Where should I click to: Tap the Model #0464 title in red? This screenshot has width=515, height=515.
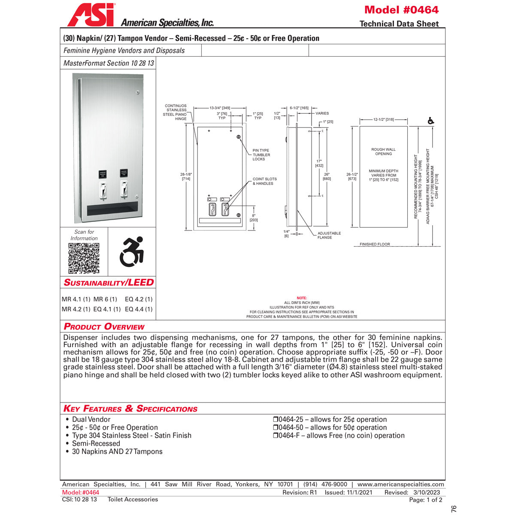coord(401,10)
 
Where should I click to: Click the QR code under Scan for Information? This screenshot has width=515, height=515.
coord(84,258)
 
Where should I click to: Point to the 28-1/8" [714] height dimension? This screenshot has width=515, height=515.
coord(186,176)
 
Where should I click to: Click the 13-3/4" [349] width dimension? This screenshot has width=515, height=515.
coord(220,108)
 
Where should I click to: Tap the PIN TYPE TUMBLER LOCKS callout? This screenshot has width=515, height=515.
coord(261,155)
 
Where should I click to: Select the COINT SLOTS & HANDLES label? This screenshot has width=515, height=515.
coord(264,181)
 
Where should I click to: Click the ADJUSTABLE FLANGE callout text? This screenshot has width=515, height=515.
coord(329,235)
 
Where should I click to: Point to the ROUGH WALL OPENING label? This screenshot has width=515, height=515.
coord(383,151)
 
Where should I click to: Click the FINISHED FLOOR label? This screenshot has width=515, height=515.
coord(375,244)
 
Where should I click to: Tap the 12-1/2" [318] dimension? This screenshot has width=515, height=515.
coord(383,120)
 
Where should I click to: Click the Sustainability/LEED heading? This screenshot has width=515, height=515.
coord(109,282)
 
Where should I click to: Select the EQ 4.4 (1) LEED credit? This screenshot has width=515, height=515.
coord(139,309)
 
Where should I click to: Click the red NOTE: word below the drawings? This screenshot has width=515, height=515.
coord(302,298)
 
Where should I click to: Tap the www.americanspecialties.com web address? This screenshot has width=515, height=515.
coord(401,484)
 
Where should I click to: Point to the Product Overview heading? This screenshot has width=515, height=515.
coord(104,327)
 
